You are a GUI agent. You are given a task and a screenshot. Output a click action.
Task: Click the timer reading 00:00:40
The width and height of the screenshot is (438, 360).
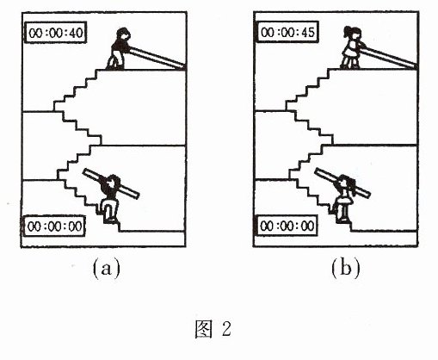pos(55,33)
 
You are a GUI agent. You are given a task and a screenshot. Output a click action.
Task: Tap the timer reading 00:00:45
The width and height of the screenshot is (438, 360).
pos(287,32)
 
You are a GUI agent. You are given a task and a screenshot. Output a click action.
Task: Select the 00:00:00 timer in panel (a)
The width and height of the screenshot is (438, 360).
pos(54,227)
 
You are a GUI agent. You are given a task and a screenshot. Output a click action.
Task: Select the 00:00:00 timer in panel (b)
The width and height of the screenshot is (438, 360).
pos(287,226)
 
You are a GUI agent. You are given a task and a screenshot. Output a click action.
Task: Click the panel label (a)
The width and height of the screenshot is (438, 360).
pos(107,268)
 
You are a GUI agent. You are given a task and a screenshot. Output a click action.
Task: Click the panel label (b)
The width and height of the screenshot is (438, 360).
pos(345,268)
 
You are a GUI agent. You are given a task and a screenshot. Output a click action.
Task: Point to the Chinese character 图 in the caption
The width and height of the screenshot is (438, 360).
pos(204,329)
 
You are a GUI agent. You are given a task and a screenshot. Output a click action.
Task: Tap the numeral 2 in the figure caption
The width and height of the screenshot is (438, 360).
pos(226,329)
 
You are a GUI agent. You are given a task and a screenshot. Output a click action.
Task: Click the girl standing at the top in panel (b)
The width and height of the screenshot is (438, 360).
pos(352,48)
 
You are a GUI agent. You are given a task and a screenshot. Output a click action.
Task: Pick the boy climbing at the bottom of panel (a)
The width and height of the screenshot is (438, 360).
pos(110,199)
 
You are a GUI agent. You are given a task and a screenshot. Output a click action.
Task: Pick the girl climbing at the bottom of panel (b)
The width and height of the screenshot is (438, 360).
pos(344,199)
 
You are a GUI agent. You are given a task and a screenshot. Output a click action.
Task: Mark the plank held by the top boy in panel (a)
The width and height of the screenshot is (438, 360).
pos(157,58)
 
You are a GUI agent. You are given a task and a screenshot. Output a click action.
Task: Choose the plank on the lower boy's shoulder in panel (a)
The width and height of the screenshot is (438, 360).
pos(111,183)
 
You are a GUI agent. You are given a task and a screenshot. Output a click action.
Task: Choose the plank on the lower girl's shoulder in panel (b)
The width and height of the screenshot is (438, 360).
pos(342,183)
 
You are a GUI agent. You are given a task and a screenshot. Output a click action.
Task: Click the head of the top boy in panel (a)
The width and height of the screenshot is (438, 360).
pos(123,34)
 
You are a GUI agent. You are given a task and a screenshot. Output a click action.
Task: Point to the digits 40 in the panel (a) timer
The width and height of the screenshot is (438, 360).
pos(76,33)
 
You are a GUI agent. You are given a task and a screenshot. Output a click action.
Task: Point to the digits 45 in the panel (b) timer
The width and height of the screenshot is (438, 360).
pos(308,32)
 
